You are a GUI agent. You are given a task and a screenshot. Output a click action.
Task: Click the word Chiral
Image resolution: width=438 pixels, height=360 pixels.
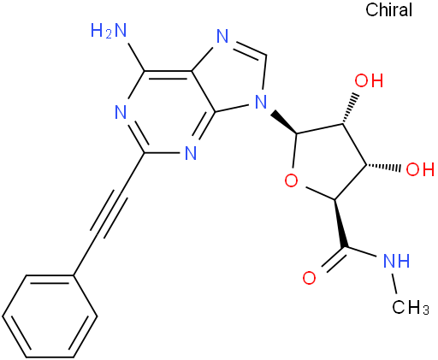(388, 10)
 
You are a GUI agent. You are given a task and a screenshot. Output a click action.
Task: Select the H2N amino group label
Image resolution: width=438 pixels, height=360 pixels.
(109, 31)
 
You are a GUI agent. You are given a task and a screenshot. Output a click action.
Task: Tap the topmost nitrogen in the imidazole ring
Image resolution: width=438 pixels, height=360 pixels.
(222, 36)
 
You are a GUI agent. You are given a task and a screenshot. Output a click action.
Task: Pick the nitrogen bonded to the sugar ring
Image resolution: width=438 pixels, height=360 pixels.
(261, 102)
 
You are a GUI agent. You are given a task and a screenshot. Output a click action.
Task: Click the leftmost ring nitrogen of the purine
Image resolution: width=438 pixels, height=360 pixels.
(121, 112)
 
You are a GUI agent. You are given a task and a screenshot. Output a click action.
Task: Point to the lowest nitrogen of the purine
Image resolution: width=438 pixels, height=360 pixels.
(191, 153)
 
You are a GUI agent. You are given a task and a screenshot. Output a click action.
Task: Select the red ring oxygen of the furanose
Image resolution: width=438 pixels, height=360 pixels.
(292, 180)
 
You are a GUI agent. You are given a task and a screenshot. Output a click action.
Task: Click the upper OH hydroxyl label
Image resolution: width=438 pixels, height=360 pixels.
(369, 80)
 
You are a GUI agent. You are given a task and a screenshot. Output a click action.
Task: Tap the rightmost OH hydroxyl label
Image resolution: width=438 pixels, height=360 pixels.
(420, 169)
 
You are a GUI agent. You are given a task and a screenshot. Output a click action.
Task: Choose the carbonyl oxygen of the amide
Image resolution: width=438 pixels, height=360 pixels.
(309, 278)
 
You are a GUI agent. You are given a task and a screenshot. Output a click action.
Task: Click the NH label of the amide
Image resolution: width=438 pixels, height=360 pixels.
(397, 260)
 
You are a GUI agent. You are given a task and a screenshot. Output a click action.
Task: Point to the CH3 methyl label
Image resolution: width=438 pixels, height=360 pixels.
(410, 307)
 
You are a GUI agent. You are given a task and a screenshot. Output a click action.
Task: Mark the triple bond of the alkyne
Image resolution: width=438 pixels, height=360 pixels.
(109, 214)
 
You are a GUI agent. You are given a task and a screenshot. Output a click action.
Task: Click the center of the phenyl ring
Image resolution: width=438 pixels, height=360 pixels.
(50, 316)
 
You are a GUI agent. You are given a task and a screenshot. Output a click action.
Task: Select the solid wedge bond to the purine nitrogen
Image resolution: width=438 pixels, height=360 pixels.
(284, 122)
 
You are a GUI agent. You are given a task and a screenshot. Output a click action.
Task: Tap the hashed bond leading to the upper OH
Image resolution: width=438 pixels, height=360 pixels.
(350, 108)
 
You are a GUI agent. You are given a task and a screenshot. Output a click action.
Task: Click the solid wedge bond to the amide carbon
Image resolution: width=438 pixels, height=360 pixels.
(340, 223)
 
